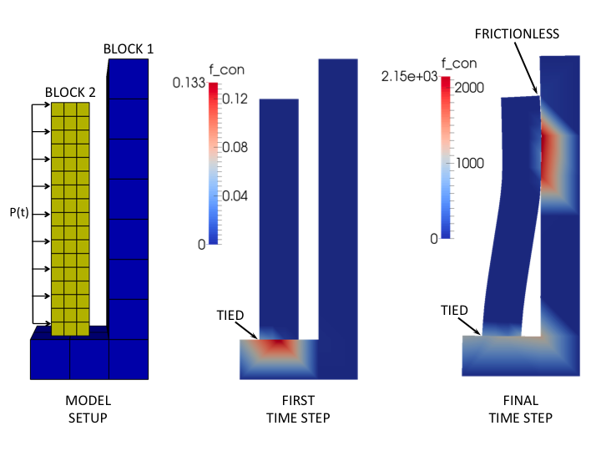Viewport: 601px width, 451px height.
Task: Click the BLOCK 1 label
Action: tap(128, 49)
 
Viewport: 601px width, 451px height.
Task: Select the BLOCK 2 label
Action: tap(70, 93)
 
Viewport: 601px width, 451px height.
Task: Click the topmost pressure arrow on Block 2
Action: tap(40, 105)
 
